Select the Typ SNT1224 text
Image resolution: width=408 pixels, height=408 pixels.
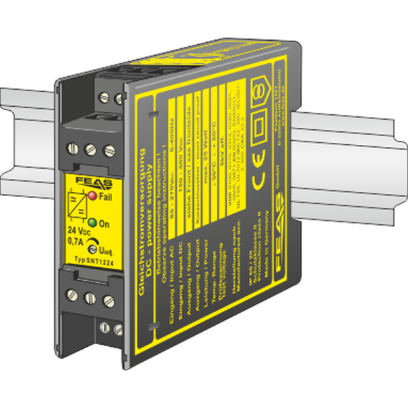click(x=92, y=263)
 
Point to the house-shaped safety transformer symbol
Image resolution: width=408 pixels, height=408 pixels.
click(x=259, y=89)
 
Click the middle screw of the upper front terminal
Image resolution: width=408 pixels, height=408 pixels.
click(x=89, y=149)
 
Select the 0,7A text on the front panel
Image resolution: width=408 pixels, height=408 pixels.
click(x=77, y=240)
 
